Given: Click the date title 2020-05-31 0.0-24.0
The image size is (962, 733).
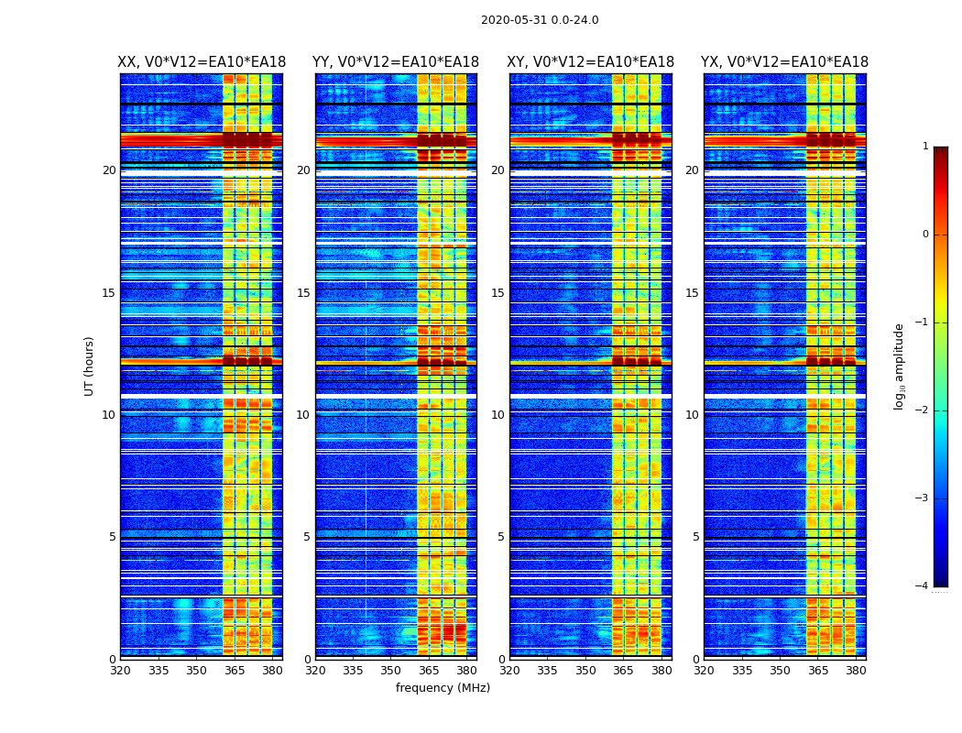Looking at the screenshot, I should [x=540, y=20].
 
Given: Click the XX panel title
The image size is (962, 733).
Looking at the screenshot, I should [x=202, y=62].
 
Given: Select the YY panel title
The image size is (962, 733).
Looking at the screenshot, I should [x=396, y=62].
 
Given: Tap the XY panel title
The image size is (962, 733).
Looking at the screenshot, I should [x=591, y=62].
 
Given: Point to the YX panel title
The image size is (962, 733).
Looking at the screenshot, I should [x=785, y=62].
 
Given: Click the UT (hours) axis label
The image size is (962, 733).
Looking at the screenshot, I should [x=90, y=366].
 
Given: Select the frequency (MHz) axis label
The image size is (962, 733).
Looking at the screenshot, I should [x=443, y=688].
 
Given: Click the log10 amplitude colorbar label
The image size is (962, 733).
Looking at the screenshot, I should [x=900, y=366].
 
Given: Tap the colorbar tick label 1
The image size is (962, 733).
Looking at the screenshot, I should [x=925, y=147].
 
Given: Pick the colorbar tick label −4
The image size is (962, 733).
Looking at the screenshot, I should [x=923, y=586].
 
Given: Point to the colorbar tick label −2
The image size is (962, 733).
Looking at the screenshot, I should [x=923, y=410].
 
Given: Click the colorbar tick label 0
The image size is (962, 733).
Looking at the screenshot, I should [x=925, y=235].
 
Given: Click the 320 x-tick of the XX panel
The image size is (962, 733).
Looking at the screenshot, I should [x=121, y=671].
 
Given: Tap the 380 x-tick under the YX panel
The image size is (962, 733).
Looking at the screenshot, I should [x=856, y=671].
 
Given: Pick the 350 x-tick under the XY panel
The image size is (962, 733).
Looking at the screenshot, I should [x=585, y=671].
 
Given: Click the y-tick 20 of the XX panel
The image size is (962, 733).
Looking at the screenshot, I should [x=109, y=170].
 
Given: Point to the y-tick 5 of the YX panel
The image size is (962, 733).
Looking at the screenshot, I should [x=695, y=537].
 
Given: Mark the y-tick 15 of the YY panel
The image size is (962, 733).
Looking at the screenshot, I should [x=303, y=293].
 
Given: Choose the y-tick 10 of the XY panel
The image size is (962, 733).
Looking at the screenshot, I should [x=497, y=415].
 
